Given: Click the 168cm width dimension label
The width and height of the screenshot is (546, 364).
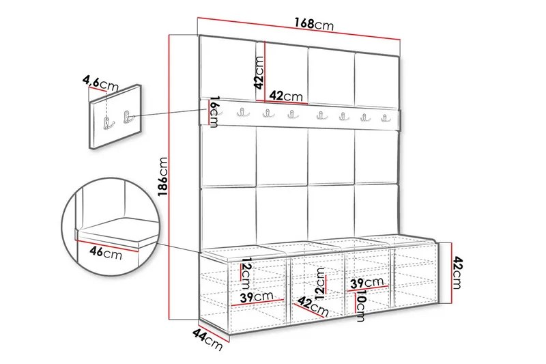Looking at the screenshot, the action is click(314, 24).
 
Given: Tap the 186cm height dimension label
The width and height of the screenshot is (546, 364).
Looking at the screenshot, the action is click(163, 177).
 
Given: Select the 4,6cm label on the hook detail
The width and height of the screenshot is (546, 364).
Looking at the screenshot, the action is click(100, 83).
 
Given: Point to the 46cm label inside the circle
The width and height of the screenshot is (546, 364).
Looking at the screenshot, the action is click(106, 253).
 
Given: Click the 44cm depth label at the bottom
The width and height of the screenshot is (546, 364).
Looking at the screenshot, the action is click(207, 339).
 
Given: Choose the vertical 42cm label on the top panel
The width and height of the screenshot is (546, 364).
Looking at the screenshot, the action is click(259, 73).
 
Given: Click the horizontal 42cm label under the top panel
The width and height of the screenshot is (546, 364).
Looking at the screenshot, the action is click(286, 96).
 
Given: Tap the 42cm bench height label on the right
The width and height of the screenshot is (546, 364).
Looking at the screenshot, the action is click(458, 272).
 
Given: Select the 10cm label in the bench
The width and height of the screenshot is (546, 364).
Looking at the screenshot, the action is click(361, 306).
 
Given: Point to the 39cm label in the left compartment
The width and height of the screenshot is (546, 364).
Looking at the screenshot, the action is click(257, 297).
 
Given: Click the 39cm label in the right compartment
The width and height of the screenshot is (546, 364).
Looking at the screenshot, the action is click(367, 282).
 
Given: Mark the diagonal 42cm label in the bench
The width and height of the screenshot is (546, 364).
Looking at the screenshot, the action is click(313, 307).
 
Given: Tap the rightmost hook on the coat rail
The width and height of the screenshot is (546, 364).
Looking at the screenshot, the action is click(385, 117).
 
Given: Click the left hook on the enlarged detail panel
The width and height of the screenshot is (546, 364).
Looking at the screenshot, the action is click(109, 123).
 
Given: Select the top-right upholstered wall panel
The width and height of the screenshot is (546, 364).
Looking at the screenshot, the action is click(377, 79).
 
